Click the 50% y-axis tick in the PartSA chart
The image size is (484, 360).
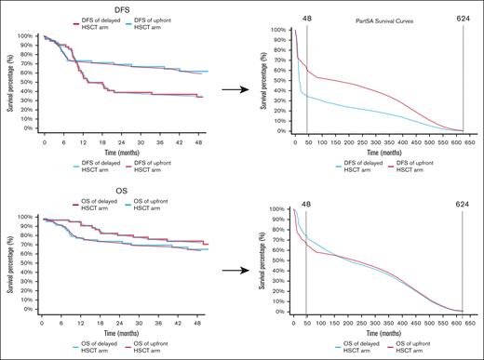[x=280, y=80]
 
